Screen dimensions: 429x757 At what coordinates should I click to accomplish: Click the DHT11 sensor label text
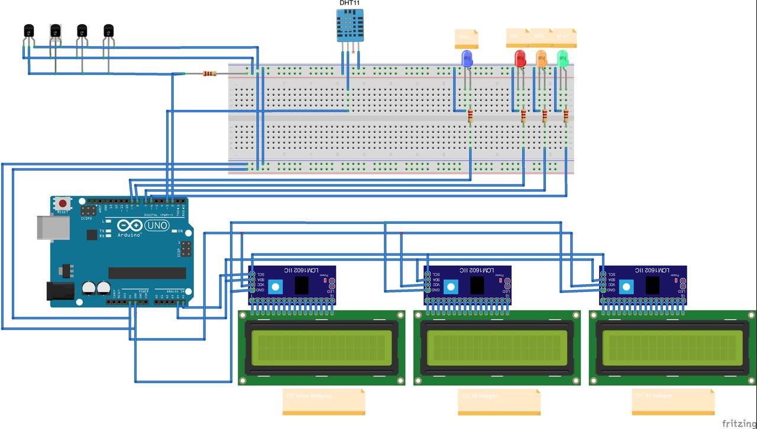pos(349,3)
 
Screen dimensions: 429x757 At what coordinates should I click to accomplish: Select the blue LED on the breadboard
pos(467,58)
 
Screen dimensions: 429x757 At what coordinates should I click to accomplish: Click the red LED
pos(520,58)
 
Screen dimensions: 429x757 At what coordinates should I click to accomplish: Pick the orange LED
pos(541,58)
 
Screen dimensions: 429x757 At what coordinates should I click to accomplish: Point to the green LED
pos(562,58)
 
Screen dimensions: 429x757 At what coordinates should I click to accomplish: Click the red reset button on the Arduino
pos(63,204)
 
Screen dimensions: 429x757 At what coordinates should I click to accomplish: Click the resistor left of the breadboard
pos(209,74)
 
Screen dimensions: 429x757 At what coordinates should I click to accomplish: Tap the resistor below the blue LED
pos(470,116)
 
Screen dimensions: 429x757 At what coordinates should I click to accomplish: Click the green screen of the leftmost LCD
pos(322,346)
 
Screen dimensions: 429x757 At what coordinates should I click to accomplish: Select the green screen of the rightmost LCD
pos(672,346)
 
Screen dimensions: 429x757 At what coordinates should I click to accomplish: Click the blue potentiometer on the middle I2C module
pos(451,287)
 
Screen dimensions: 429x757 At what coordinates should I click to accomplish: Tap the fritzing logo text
pos(738,423)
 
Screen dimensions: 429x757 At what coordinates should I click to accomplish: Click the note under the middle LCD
pos(499,401)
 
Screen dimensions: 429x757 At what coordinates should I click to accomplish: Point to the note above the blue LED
pos(467,38)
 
